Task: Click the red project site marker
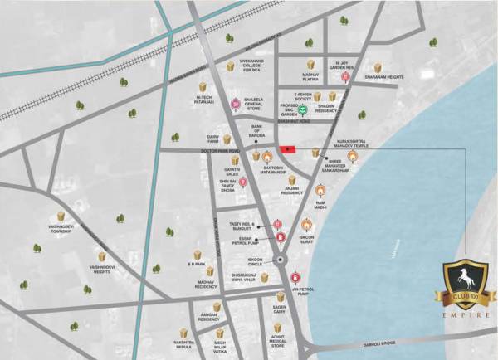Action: (288, 149)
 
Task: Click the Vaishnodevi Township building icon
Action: (61, 216)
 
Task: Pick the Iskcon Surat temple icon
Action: (305, 224)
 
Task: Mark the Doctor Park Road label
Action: (222, 150)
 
